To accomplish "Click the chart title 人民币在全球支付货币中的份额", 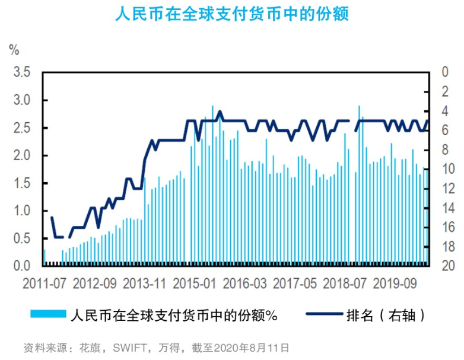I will (x=231, y=14).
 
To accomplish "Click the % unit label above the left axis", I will (x=14, y=49).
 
